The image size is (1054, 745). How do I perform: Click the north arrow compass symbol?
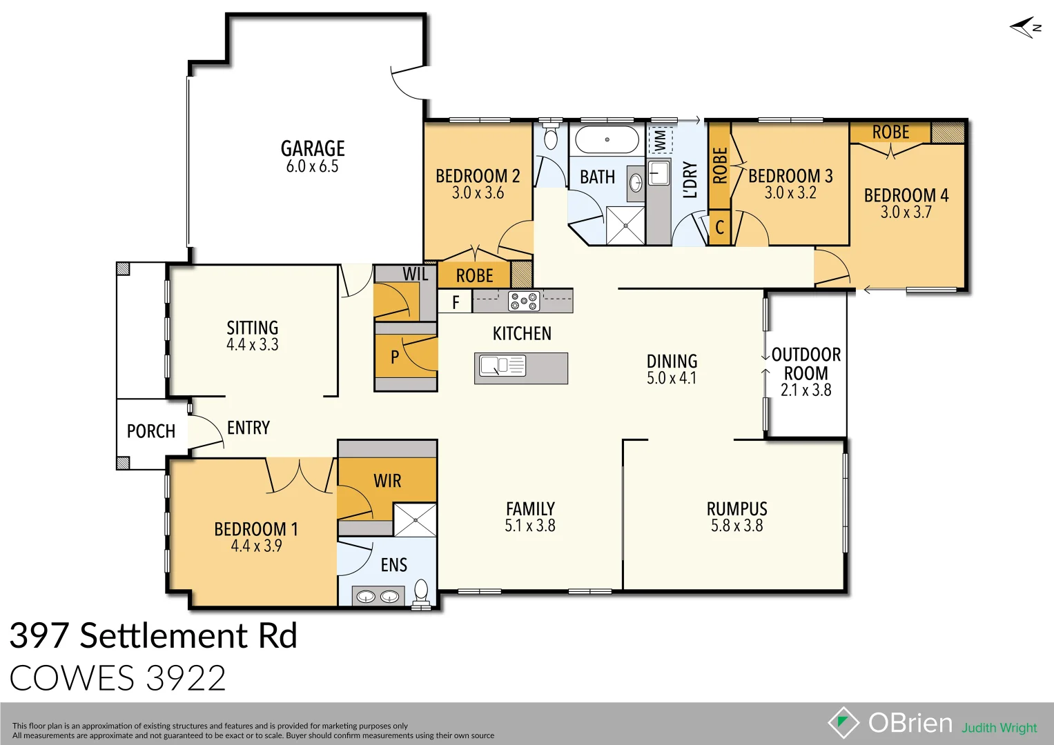(1025, 28)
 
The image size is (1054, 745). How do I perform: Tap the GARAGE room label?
(313, 148)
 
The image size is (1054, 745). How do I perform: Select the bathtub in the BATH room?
(607, 139)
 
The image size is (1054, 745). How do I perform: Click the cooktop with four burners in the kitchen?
(524, 301)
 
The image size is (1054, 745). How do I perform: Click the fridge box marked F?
(456, 302)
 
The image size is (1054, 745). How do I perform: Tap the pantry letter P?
(395, 357)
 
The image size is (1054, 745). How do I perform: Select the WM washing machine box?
(660, 140)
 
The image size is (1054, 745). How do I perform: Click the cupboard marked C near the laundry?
(719, 227)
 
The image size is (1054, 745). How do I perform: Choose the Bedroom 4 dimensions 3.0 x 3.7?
(906, 212)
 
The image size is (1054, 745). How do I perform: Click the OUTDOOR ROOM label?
(806, 364)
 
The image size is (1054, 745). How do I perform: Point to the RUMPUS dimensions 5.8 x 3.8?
(736, 526)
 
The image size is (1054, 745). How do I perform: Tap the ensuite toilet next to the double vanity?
(421, 593)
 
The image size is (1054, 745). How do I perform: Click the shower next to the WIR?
(415, 519)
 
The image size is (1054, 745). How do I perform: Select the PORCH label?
(151, 431)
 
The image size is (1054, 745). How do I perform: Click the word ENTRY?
(248, 428)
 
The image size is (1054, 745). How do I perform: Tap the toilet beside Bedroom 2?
(550, 137)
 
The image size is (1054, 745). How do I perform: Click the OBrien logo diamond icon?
(843, 723)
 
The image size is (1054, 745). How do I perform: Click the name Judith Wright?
(999, 728)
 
